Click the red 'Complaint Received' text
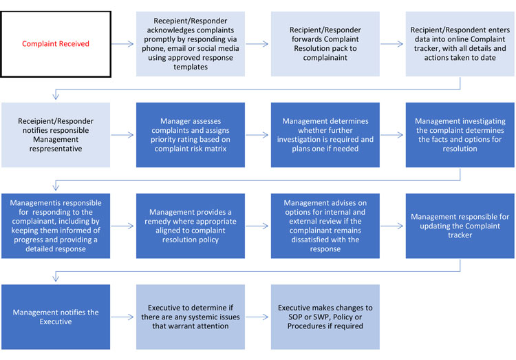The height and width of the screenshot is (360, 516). [x=56, y=44]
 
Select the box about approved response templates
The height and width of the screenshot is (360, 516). [x=191, y=44]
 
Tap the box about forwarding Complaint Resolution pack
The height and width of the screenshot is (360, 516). [x=325, y=44]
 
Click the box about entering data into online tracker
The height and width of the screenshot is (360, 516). [x=460, y=44]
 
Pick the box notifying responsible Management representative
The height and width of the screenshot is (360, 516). [x=56, y=135]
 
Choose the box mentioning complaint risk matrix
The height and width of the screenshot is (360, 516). [x=191, y=135]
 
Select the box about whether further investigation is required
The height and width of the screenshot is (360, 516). [x=325, y=135]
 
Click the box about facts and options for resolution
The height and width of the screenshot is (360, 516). [x=460, y=135]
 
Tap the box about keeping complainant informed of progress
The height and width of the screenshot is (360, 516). [x=56, y=226]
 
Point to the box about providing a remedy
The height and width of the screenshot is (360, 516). [x=191, y=226]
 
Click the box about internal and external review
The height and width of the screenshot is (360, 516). [x=325, y=226]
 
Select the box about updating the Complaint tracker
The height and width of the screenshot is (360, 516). [x=460, y=226]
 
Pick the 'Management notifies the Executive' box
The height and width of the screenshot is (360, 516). [x=56, y=317]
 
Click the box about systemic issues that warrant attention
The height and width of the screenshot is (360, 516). [x=191, y=317]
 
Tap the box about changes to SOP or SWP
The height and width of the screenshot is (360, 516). [x=325, y=317]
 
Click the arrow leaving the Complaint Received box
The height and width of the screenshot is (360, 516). [x=122, y=44]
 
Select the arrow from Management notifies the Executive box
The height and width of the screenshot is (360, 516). [x=122, y=317]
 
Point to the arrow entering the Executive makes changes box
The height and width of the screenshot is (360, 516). [x=257, y=317]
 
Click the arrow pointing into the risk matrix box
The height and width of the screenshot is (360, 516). [x=122, y=135]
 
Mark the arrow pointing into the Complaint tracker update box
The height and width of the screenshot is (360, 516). [x=392, y=226]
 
